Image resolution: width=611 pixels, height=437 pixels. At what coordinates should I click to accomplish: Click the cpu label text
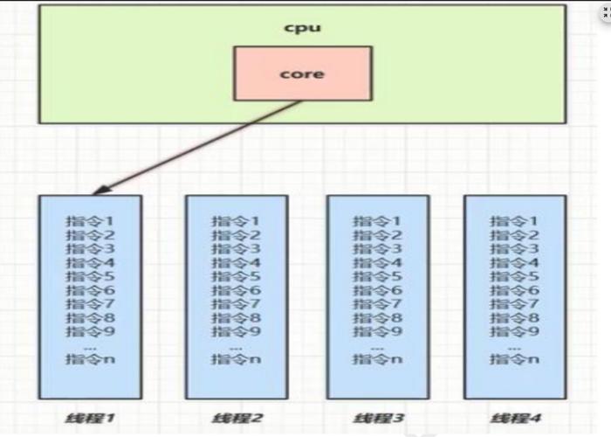click(x=303, y=28)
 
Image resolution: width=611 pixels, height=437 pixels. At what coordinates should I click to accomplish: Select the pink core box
click(x=303, y=73)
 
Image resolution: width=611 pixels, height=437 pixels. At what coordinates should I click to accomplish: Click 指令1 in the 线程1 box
click(x=90, y=221)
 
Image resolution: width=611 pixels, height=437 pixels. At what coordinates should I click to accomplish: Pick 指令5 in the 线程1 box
click(x=90, y=276)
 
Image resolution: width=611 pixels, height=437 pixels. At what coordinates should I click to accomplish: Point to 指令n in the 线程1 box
click(x=90, y=358)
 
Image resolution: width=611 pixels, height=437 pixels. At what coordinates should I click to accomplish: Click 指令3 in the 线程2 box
click(x=236, y=248)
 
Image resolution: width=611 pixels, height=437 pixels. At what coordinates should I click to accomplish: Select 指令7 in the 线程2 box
click(x=236, y=303)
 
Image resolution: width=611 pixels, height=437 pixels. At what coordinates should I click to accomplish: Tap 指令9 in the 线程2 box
click(x=236, y=331)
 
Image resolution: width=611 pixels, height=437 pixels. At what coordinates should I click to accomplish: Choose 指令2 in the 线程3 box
click(x=377, y=235)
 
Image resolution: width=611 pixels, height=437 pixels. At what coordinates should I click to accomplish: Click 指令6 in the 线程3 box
click(x=377, y=290)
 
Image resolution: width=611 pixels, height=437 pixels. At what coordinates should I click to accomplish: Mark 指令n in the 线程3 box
click(x=377, y=358)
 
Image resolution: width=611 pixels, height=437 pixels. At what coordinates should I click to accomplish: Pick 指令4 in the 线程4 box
click(x=514, y=262)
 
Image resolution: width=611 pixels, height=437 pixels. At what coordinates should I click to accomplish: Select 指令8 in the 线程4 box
click(x=514, y=317)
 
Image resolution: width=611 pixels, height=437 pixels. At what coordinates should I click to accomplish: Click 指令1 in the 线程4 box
click(x=514, y=221)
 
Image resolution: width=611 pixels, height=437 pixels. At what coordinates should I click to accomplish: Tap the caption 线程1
click(x=90, y=419)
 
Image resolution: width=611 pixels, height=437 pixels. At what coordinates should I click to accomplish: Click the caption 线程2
click(x=237, y=419)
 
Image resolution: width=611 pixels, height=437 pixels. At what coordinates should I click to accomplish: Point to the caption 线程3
click(x=378, y=419)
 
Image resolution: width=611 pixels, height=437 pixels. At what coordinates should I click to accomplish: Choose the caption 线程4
click(x=515, y=419)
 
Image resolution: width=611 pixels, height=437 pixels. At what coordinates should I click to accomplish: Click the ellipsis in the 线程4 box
click(x=514, y=349)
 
